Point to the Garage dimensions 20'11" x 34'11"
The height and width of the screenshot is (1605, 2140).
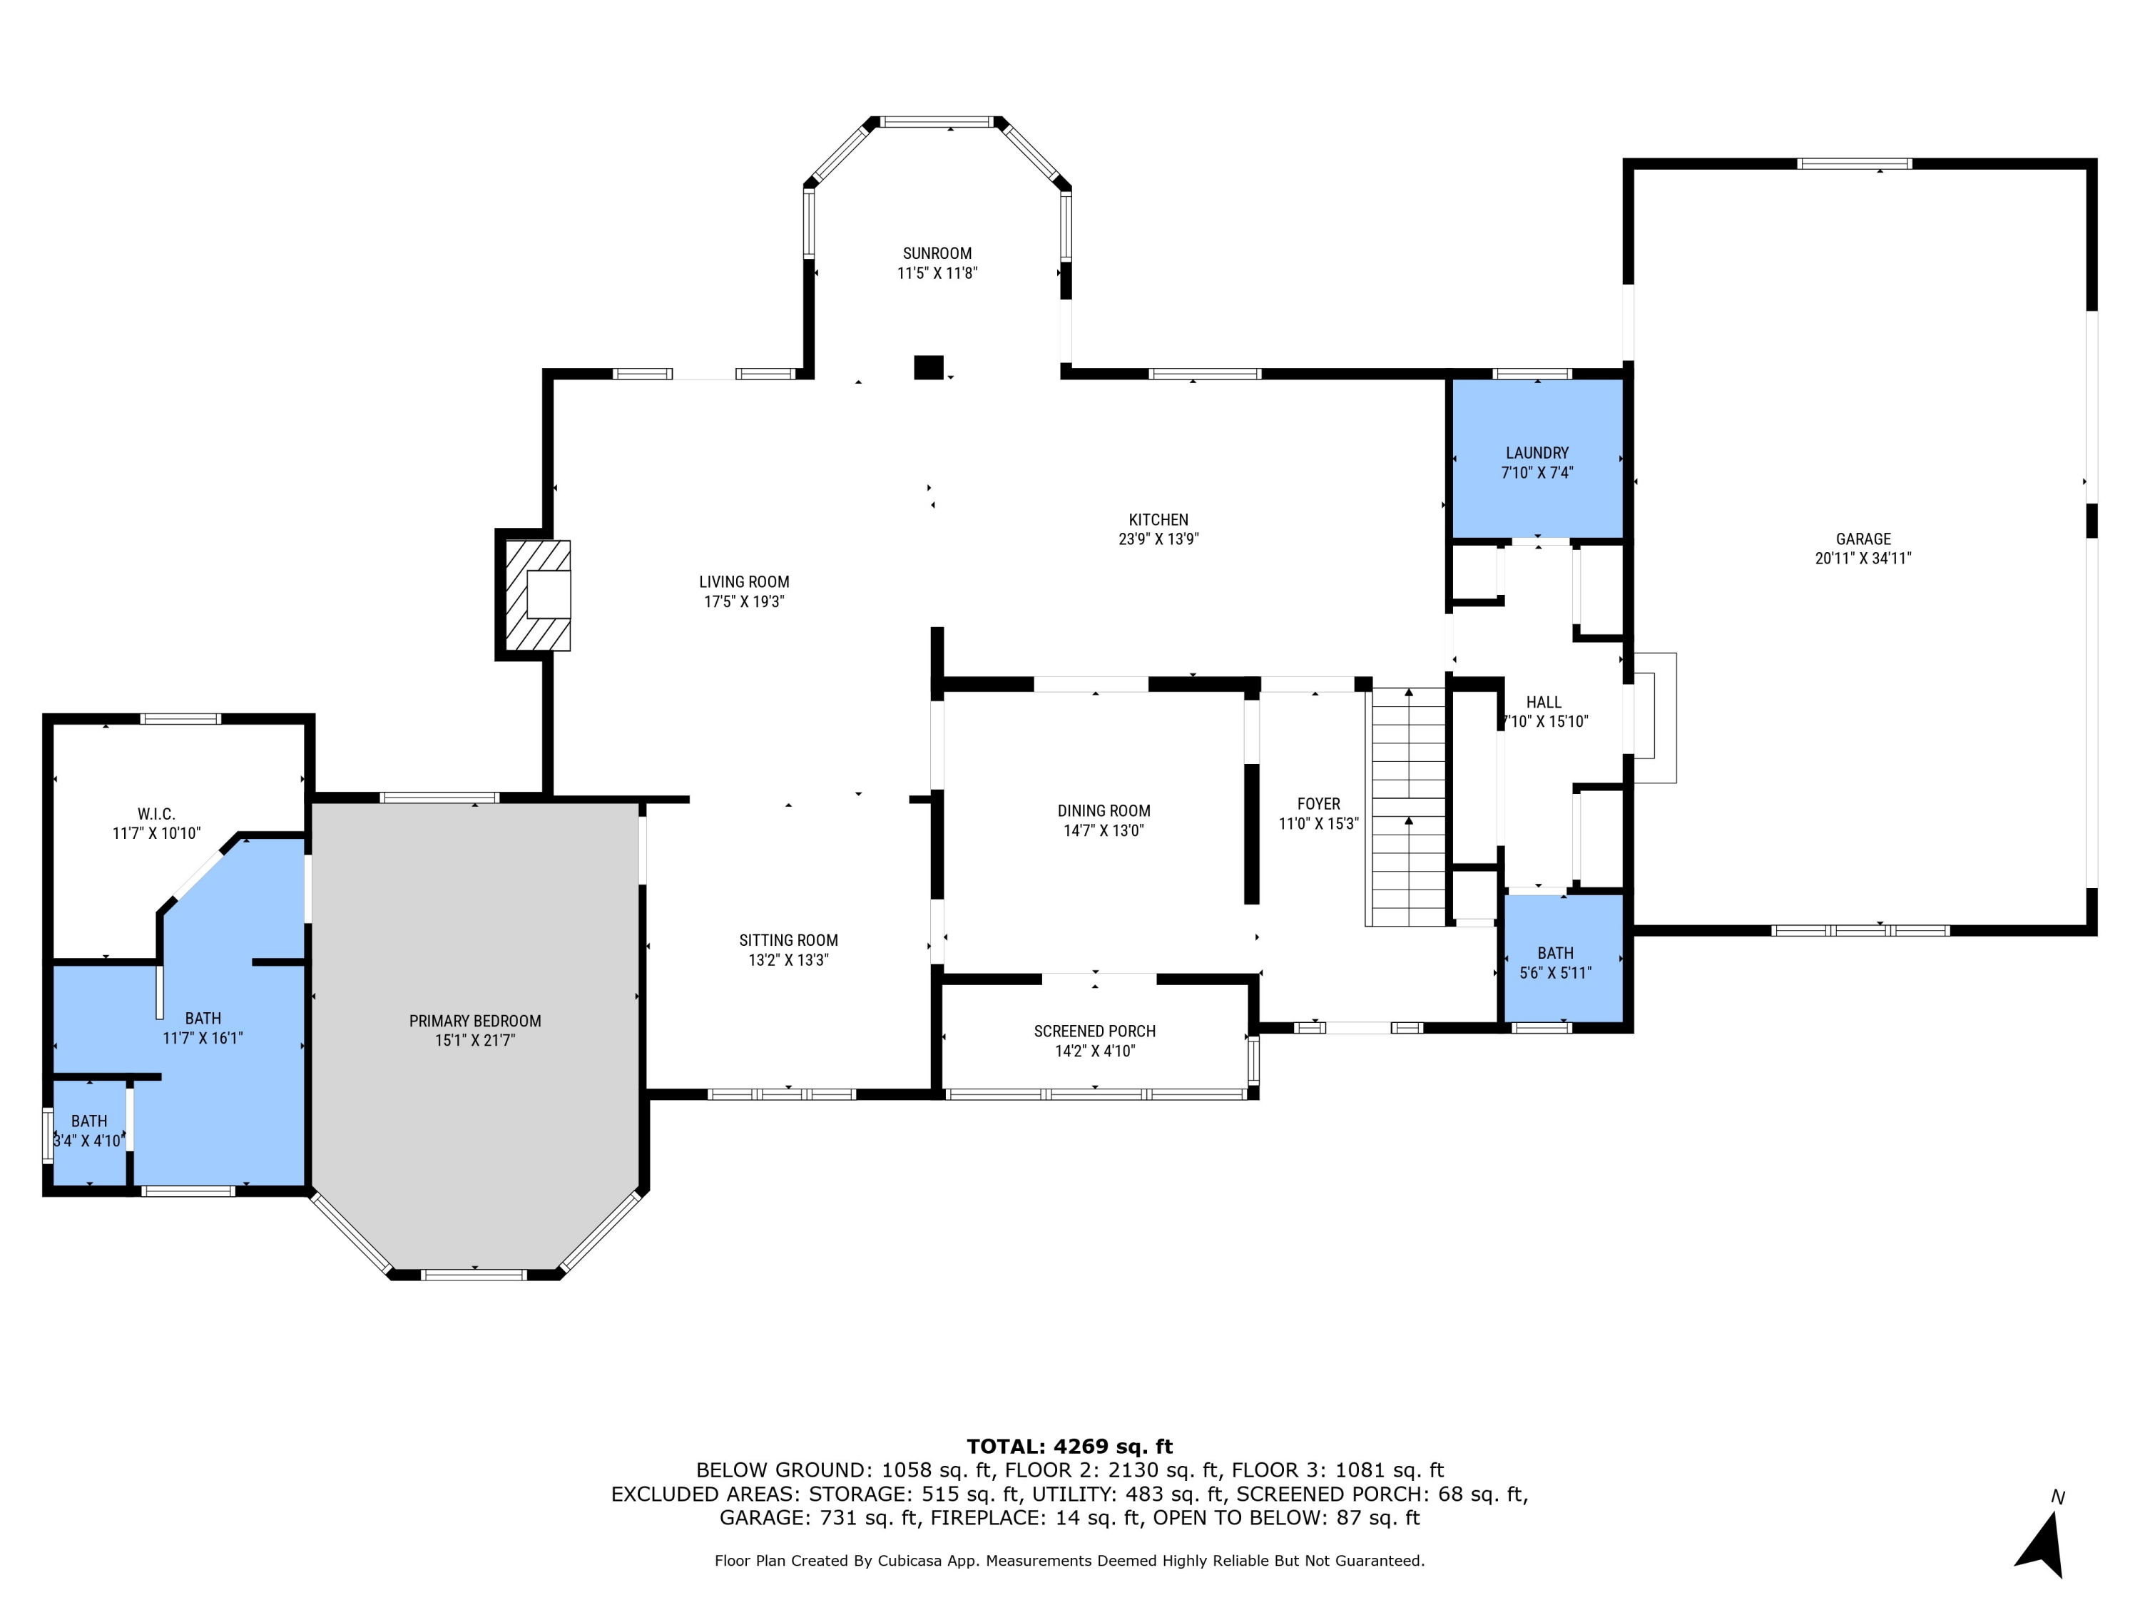[x=1863, y=559]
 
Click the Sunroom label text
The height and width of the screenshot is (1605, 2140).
[x=937, y=253]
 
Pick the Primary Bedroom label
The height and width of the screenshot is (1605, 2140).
[x=474, y=1021]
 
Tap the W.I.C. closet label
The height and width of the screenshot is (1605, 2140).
[x=156, y=815]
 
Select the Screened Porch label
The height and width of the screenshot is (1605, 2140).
[x=1094, y=1031]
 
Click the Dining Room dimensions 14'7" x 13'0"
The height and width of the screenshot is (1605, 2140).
[x=1103, y=830]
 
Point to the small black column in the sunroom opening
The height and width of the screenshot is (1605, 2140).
[x=928, y=367]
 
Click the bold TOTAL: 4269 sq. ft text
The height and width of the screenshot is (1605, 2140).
[x=1069, y=1447]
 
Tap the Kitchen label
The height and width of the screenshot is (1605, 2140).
[x=1158, y=519]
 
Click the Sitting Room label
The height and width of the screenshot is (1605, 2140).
[x=788, y=940]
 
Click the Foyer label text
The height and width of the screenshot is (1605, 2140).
[x=1318, y=804]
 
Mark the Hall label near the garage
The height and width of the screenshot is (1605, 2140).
[x=1543, y=703]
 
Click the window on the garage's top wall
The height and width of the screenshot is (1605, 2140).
[x=1854, y=163]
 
